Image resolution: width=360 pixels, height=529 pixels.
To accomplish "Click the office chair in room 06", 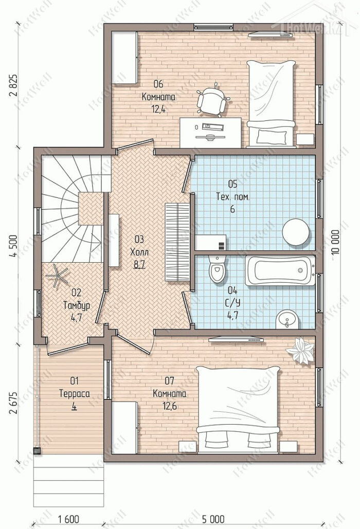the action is point(213,99).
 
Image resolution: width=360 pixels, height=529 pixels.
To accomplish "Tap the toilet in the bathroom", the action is point(217,269).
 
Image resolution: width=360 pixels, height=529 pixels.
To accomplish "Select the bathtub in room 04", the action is point(280,270).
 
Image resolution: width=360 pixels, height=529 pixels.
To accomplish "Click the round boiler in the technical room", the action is point(296,232).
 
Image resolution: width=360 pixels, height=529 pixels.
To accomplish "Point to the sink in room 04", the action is point(287,319).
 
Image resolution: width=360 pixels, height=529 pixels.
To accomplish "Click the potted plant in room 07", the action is point(300,350).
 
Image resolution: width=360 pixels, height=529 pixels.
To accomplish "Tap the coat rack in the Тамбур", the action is point(57,276).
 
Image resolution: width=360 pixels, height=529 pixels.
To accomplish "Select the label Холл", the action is point(139,252).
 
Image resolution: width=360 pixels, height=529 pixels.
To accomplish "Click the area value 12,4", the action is point(158,110).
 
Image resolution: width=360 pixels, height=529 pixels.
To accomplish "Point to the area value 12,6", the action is point(169,406).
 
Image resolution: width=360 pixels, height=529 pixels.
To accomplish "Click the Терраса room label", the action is point(75,394).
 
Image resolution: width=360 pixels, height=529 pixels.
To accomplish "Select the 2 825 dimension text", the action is point(13,85).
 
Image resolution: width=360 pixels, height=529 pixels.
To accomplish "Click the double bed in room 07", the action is point(238,409).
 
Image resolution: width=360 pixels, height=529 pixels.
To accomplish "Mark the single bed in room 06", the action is point(271,103).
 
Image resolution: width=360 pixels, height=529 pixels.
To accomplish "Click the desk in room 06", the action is point(210,133).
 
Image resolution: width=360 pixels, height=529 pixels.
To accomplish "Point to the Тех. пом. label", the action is point(233,197).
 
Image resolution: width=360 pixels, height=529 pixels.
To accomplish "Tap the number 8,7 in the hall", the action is point(139,264).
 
